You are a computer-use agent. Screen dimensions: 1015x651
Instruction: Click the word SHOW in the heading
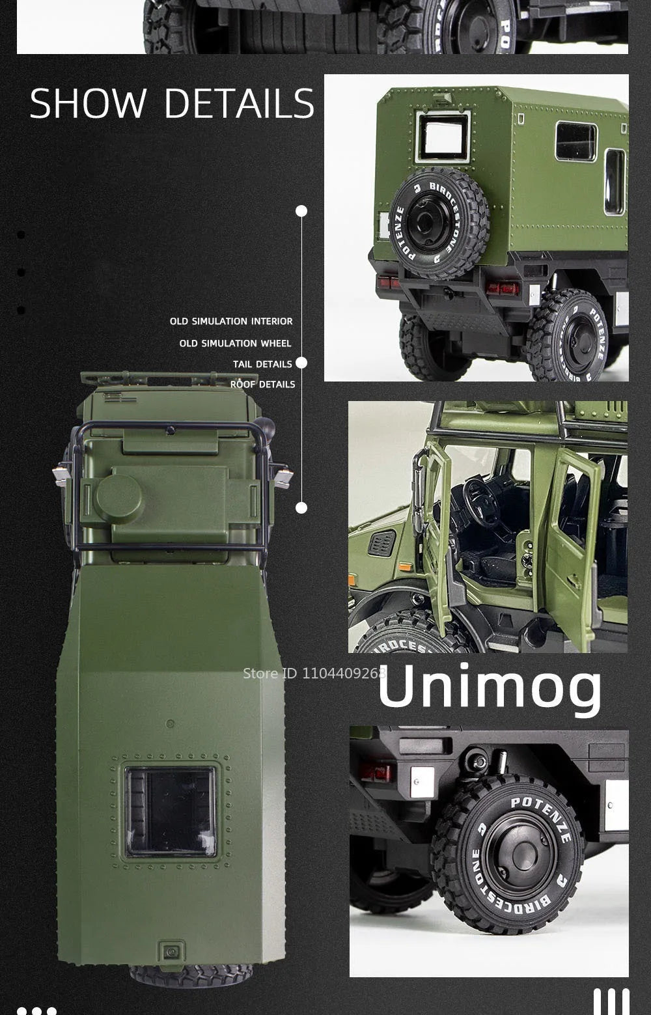[88, 103]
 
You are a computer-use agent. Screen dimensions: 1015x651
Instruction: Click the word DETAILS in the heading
[239, 103]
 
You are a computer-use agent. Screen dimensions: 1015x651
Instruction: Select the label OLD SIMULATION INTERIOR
[231, 321]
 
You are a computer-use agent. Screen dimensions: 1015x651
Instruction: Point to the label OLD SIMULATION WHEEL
[235, 343]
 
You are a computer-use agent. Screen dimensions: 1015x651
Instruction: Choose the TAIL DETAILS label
[262, 364]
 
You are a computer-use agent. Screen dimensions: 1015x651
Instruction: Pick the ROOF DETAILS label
[262, 384]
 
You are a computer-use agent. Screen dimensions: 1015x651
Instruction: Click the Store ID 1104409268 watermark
[314, 673]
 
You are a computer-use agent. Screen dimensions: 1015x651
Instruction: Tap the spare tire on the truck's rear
[441, 223]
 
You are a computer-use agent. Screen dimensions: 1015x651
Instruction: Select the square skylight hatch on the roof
[171, 811]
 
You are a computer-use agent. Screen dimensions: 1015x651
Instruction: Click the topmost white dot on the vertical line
[301, 211]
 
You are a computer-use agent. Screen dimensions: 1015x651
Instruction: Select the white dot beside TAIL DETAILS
[301, 363]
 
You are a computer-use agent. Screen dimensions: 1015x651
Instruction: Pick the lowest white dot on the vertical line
[301, 508]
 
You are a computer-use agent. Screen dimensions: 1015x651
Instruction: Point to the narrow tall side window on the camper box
[614, 182]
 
